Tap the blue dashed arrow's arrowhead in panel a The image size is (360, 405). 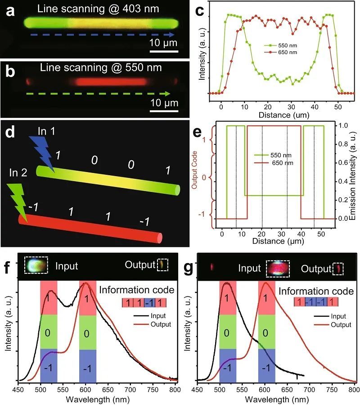[172, 34]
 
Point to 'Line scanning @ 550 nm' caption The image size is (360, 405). [101, 68]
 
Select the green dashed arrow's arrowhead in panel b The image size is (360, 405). [168, 94]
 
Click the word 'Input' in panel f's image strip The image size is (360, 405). [67, 266]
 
